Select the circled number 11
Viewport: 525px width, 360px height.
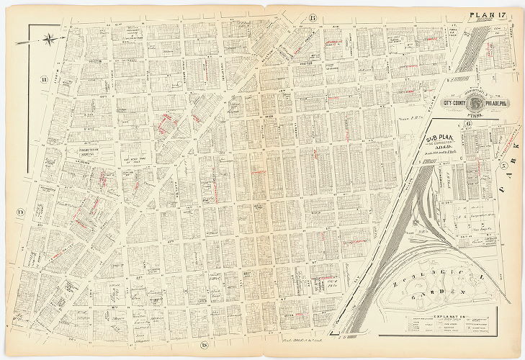(x=44, y=79)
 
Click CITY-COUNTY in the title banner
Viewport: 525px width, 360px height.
(x=456, y=103)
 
